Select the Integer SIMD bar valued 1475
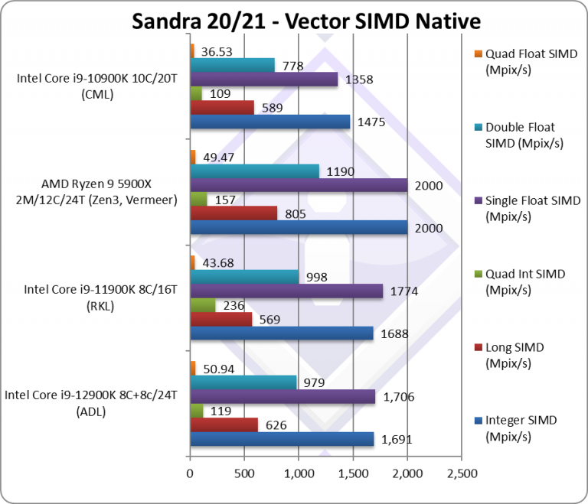(269, 122)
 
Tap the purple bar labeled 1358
(263, 79)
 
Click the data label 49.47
(217, 157)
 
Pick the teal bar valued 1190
(254, 171)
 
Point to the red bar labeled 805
(233, 213)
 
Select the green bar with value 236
(202, 305)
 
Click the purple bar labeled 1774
(286, 291)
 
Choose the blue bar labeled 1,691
(281, 439)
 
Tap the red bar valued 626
(224, 424)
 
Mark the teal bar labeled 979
(243, 382)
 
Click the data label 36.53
(217, 52)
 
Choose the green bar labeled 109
(195, 93)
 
